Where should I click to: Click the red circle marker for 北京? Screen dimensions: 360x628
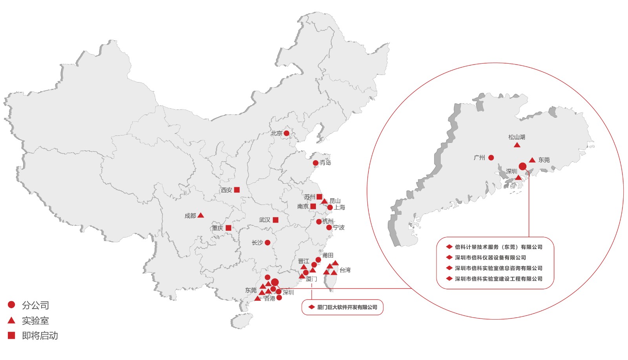287,133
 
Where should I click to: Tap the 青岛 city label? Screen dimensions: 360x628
325,163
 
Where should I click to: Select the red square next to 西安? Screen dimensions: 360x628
237,190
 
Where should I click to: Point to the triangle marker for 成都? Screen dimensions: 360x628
201,215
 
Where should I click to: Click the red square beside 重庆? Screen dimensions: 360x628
228,228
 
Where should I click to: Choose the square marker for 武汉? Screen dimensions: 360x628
276,220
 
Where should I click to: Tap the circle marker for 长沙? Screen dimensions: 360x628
267,243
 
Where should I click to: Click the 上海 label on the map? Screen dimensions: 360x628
340,207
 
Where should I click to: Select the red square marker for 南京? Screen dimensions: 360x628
313,206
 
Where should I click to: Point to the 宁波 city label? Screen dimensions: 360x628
339,227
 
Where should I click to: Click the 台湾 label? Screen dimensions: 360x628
345,270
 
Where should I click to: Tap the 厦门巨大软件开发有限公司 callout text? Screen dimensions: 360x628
347,307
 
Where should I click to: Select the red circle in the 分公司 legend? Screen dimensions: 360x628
11,305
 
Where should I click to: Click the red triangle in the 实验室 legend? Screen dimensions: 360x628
11,320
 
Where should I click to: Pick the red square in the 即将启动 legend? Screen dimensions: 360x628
11,335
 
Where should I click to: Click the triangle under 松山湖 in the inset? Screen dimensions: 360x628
517,145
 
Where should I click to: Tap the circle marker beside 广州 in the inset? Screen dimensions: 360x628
491,158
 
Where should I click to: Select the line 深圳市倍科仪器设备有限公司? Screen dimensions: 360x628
490,258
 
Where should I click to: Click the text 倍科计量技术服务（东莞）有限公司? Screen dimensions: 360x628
498,247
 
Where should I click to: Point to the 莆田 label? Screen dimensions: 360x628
328,255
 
